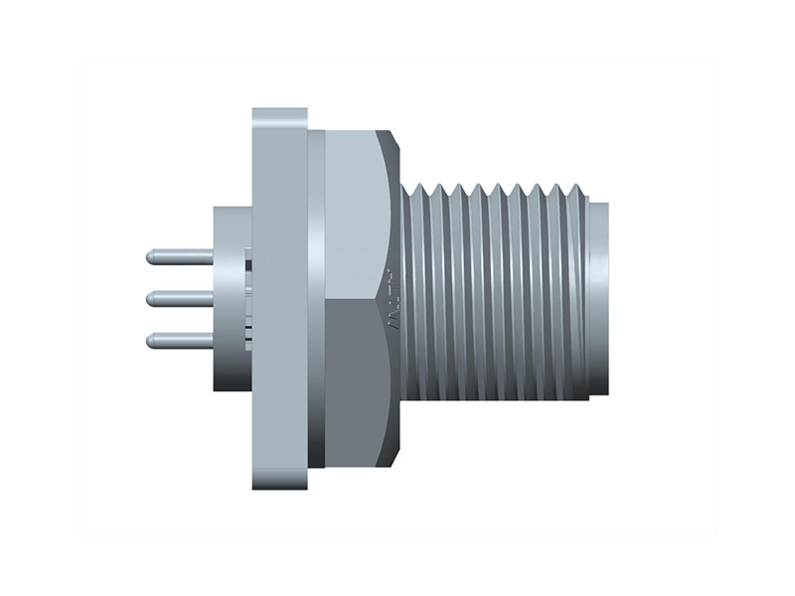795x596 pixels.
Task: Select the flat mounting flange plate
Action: click(279, 298)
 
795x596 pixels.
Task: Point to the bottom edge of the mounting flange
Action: click(279, 486)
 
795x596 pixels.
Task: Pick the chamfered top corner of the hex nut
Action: click(395, 140)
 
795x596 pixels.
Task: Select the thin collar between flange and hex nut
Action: click(316, 298)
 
